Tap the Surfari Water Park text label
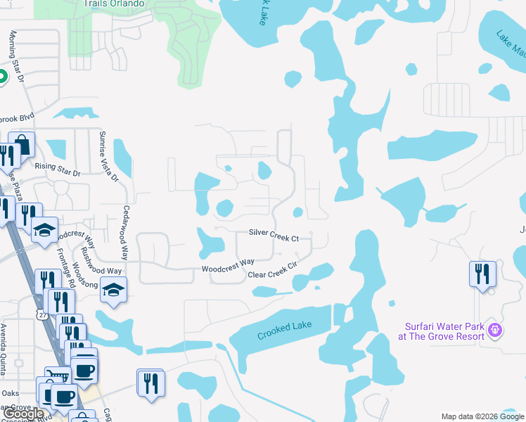point(444,331)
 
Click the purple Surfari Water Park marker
point(494,328)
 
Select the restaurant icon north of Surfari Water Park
point(482,273)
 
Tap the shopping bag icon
point(22,145)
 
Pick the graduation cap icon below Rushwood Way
point(113,288)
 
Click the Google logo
point(23,414)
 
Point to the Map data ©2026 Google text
point(482,416)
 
